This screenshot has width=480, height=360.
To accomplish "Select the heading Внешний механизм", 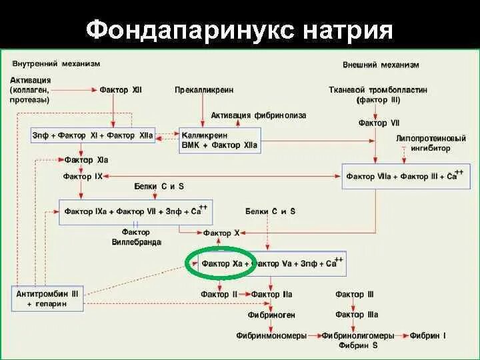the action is tap(381, 65).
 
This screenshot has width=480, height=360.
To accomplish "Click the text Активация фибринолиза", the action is tap(259, 115).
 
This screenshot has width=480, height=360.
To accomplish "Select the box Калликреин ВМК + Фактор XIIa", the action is tap(219, 140).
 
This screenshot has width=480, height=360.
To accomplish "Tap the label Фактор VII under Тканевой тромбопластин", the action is tap(378, 123).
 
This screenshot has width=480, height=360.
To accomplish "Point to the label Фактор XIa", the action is tap(86, 160).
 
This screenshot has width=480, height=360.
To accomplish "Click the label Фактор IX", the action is tap(83, 176).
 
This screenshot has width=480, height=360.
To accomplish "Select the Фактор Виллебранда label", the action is tap(136, 238).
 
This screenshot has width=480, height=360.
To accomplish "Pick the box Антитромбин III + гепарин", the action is tap(47, 298).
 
